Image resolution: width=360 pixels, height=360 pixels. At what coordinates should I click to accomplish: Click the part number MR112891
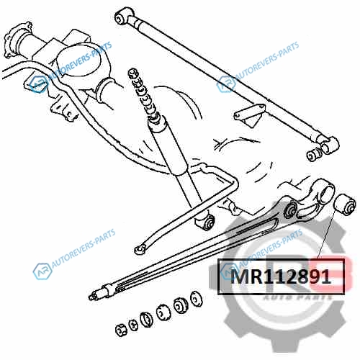[x=281, y=276]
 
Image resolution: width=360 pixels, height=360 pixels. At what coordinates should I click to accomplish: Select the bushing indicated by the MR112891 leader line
[x=345, y=204]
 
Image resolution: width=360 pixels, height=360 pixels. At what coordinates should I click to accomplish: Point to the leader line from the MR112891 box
[x=326, y=234]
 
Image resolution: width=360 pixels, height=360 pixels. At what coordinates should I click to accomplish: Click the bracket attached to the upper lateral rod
[x=251, y=114]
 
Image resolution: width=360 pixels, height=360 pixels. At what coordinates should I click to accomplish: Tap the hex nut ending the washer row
[x=121, y=330]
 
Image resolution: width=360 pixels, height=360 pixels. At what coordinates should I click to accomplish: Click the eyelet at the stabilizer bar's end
[x=140, y=249]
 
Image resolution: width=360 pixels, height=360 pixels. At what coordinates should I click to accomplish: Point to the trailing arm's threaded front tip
[x=94, y=296]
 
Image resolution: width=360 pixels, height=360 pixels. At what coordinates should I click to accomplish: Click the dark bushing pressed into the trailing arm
[x=291, y=210]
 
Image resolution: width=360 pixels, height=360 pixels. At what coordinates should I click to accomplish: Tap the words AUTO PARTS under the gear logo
[x=297, y=297]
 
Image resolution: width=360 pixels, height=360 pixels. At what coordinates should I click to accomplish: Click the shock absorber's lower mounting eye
[x=207, y=222]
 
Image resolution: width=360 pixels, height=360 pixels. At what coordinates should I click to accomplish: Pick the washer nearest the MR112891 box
[x=197, y=299]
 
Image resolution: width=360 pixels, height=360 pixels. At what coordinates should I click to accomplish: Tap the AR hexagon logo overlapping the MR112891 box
[x=229, y=271]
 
